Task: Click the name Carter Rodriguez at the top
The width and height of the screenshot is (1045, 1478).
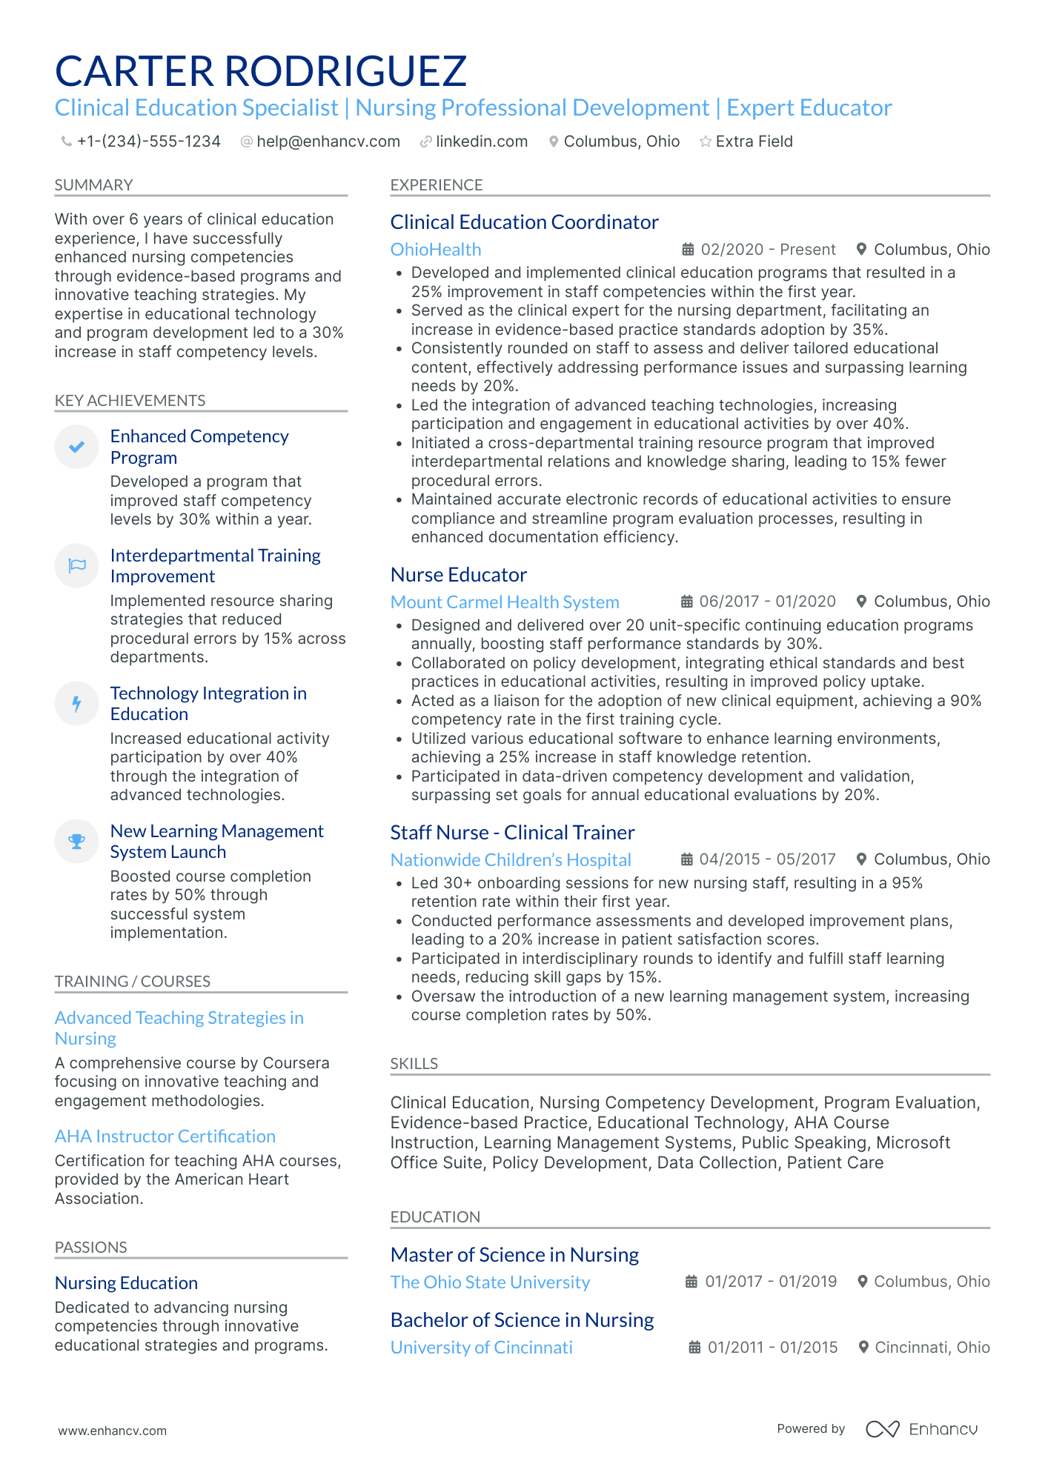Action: click(x=261, y=71)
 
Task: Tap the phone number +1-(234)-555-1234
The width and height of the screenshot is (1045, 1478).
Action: click(x=148, y=142)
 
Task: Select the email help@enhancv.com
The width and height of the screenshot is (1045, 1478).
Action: click(x=328, y=142)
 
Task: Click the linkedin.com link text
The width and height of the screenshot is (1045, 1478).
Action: click(x=481, y=142)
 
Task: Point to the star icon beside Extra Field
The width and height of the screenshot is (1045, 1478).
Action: click(x=706, y=142)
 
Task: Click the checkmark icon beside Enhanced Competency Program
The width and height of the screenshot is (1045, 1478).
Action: click(x=76, y=447)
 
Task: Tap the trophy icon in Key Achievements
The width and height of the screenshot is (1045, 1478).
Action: click(x=76, y=841)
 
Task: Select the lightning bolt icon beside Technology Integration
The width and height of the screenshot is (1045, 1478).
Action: click(x=76, y=703)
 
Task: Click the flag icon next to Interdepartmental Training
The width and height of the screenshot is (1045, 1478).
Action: click(x=76, y=566)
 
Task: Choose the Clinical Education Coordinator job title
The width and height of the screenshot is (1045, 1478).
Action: click(x=524, y=222)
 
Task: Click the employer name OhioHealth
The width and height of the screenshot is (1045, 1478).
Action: click(x=436, y=250)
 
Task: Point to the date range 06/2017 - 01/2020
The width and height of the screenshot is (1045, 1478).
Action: click(x=767, y=602)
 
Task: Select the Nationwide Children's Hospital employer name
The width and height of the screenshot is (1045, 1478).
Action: click(x=511, y=859)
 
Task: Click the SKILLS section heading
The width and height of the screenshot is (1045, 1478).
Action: click(x=414, y=1064)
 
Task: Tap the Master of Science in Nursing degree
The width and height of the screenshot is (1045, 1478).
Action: click(x=514, y=1255)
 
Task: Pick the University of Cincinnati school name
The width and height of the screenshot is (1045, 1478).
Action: click(x=482, y=1348)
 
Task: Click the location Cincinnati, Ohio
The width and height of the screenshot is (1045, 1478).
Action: click(x=932, y=1348)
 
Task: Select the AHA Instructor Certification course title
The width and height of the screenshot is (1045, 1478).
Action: click(x=165, y=1136)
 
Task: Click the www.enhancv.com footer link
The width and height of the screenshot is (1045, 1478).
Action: click(x=113, y=1431)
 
